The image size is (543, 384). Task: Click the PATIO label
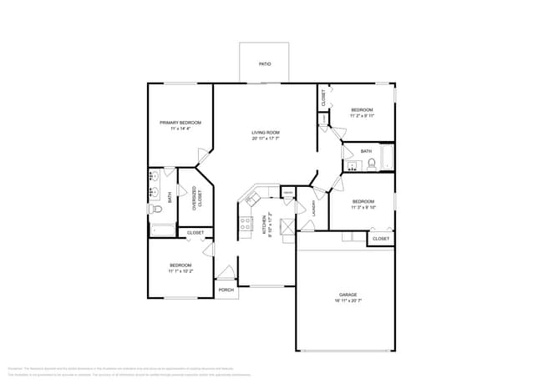click(264, 63)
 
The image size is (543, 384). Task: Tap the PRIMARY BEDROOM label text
click(180, 123)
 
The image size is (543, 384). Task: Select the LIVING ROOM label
click(266, 133)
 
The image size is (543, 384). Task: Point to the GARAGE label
click(348, 295)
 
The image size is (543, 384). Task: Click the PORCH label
click(226, 290)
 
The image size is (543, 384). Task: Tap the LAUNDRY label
click(314, 208)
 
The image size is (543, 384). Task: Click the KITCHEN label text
click(266, 223)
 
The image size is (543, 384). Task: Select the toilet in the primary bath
click(155, 210)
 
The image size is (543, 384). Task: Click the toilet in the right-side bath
click(372, 164)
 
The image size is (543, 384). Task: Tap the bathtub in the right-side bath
click(388, 158)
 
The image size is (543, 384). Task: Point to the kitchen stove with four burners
click(246, 223)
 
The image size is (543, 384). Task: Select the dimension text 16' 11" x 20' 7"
click(348, 301)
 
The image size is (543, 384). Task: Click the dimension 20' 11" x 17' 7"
click(266, 139)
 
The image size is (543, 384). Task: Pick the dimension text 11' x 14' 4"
click(180, 129)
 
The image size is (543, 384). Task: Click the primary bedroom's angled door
click(202, 156)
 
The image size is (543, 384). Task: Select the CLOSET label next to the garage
click(380, 239)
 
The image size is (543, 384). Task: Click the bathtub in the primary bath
click(161, 231)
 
